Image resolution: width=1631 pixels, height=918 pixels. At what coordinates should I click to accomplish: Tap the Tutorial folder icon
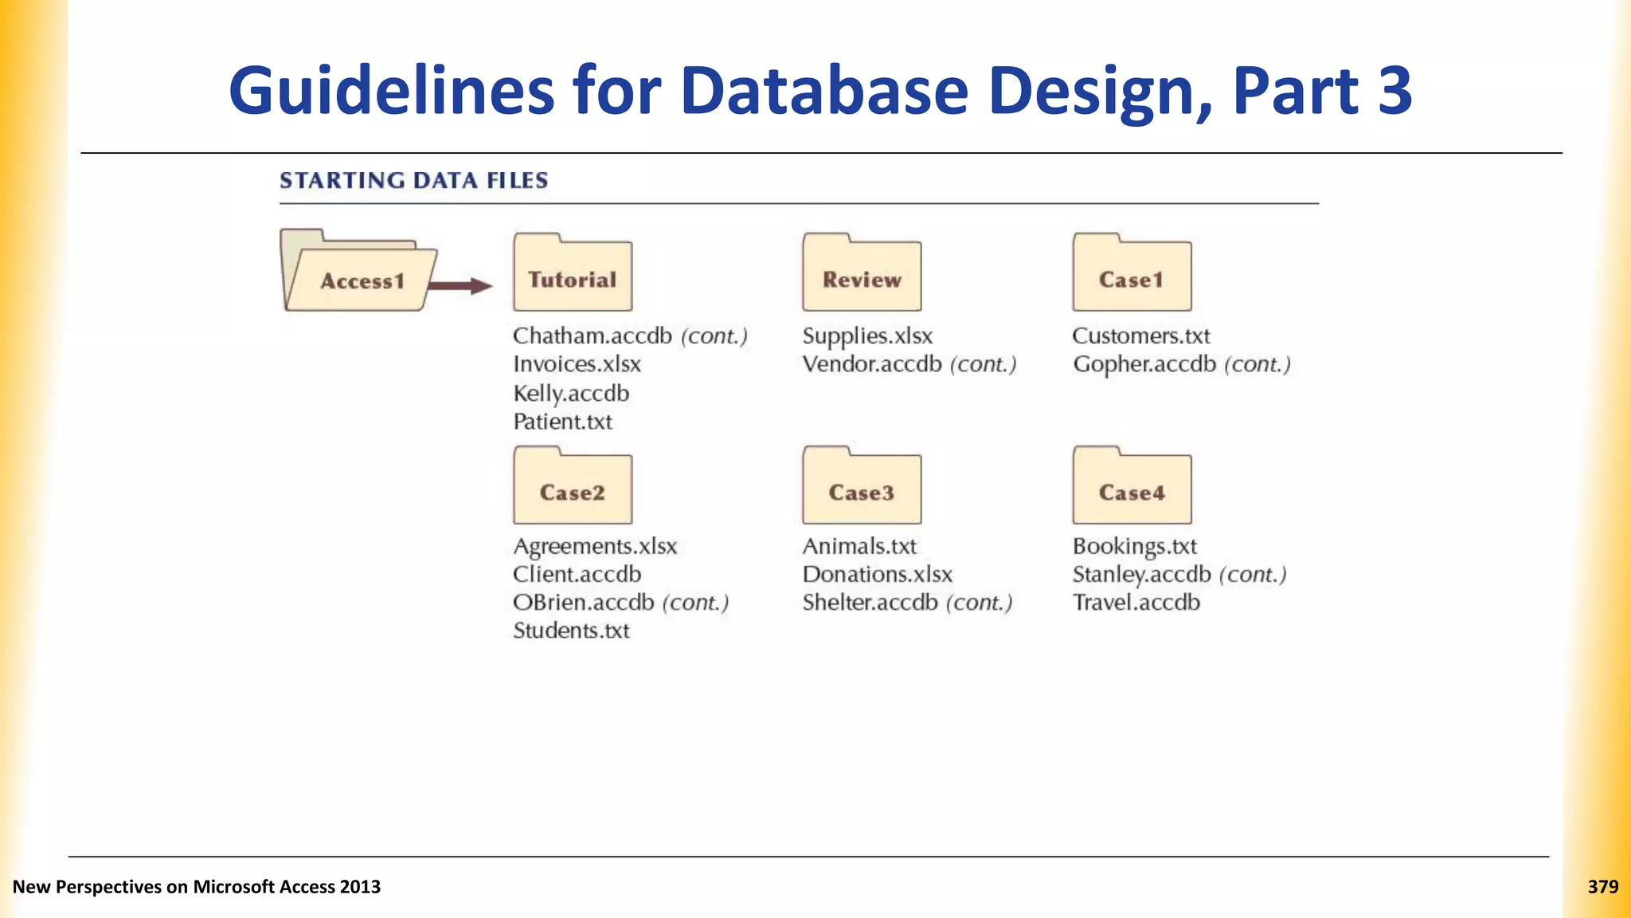pos(573,273)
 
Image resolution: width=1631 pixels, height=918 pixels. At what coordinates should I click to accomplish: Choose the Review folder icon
pos(862,273)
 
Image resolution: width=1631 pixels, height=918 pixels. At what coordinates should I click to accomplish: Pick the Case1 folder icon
pos(1132,273)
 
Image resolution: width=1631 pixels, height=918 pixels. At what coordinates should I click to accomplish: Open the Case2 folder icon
pos(573,486)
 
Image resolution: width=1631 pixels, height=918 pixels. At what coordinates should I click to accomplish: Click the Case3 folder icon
pos(862,486)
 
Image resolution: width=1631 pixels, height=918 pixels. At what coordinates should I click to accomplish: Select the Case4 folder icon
pos(1132,486)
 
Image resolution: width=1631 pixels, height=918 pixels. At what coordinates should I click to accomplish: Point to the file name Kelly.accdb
pos(571,393)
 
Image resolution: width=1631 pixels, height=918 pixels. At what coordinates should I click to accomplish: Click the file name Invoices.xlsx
pos(577,364)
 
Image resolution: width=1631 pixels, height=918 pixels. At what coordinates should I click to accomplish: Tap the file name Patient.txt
pos(562,422)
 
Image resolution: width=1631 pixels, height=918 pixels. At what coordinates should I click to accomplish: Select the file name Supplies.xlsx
pos(867,336)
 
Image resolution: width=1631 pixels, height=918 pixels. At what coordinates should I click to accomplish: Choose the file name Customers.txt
pos(1140,336)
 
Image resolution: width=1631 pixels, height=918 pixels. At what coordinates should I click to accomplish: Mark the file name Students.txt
pos(571,630)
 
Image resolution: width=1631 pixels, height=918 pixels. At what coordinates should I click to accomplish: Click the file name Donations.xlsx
pos(877,575)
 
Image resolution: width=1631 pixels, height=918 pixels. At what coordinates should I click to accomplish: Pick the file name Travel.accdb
pos(1136,602)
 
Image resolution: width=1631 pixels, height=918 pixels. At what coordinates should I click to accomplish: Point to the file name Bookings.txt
pos(1134,547)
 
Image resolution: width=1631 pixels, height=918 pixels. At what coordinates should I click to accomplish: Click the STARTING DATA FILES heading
pos(413,181)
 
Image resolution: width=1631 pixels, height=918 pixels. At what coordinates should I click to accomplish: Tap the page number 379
pos(1602,887)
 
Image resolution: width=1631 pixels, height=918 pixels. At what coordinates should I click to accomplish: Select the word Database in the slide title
pos(823,91)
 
